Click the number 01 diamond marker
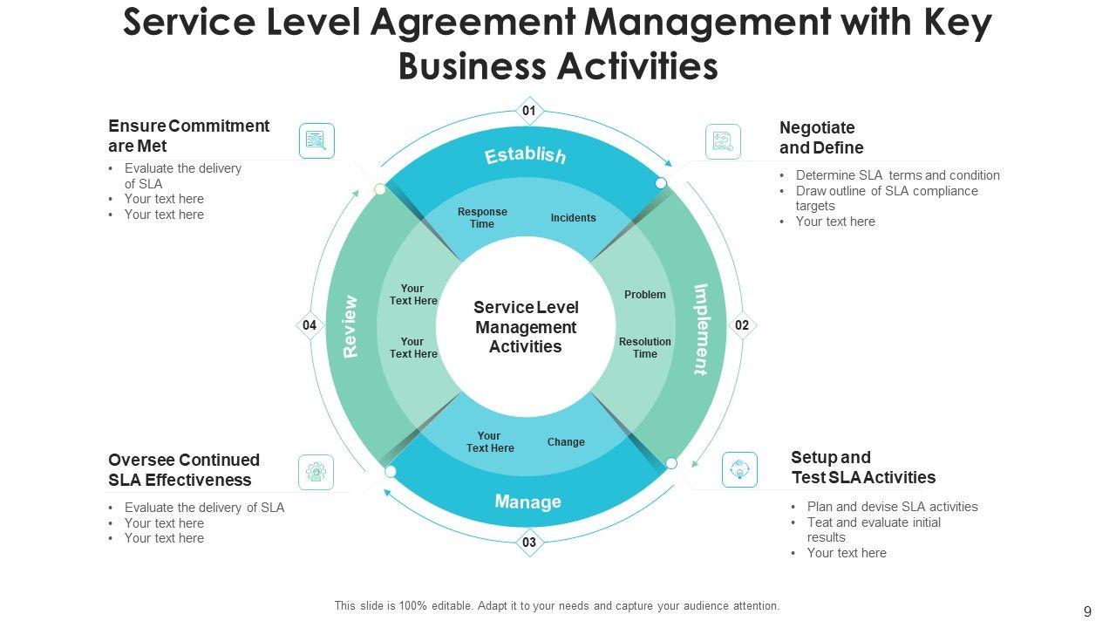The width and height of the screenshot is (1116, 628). tap(529, 111)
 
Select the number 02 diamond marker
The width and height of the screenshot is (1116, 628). tap(742, 325)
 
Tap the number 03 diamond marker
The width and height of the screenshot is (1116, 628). tap(529, 543)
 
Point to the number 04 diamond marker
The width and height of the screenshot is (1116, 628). tap(310, 325)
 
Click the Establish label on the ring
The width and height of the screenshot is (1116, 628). tap(526, 155)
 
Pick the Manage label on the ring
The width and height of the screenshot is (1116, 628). tap(527, 502)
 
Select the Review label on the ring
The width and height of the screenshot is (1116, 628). tap(350, 327)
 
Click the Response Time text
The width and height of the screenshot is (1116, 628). tap(482, 218)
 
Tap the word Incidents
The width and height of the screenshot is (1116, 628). tap(573, 218)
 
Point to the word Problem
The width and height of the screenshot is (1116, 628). tap(645, 295)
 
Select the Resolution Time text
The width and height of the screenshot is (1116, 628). tap(645, 348)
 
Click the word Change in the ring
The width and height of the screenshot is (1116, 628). tap(566, 442)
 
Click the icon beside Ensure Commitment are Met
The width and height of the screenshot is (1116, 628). tap(316, 140)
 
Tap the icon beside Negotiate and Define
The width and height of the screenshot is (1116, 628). tap(723, 141)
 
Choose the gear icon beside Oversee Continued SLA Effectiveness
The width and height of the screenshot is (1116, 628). tap(316, 472)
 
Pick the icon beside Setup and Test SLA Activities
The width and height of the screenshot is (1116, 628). tap(740, 469)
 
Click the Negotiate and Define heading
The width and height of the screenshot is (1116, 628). tap(821, 138)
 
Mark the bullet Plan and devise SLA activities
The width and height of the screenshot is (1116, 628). tap(892, 507)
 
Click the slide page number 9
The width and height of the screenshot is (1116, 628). tap(1086, 612)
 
